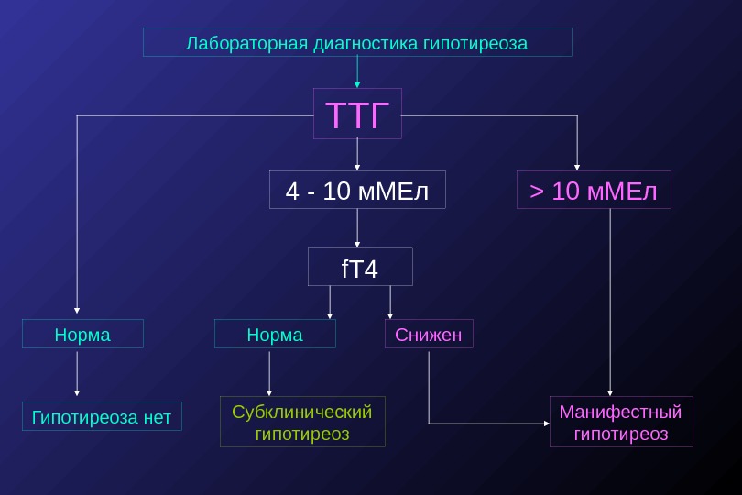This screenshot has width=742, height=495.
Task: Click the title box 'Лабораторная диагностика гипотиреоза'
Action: (x=357, y=42)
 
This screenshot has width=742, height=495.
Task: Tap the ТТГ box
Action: (x=357, y=114)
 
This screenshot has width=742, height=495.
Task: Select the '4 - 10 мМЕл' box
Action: (x=357, y=190)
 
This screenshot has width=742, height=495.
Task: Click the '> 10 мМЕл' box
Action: (x=594, y=190)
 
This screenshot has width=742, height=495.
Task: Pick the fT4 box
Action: (x=360, y=267)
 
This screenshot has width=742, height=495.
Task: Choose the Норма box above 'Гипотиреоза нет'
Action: (x=82, y=334)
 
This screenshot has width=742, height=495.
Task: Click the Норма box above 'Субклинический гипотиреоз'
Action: (x=275, y=334)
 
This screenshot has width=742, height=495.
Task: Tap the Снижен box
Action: (x=429, y=334)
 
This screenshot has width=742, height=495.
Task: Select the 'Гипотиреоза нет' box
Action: (x=102, y=416)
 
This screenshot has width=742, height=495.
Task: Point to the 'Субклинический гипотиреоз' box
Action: (x=302, y=422)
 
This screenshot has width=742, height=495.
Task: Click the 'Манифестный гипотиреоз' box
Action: (x=621, y=422)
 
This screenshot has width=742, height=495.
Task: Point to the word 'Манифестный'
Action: (x=621, y=411)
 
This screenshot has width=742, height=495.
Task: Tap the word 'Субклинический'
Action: (x=302, y=411)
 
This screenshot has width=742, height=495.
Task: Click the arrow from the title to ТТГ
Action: (x=357, y=71)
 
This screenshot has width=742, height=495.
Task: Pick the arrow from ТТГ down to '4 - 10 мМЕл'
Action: (x=357, y=154)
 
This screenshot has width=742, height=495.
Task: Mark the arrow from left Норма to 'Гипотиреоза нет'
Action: (x=77, y=373)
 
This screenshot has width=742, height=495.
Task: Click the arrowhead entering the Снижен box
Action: (x=390, y=314)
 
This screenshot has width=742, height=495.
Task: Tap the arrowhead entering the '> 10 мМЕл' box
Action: (x=577, y=167)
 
